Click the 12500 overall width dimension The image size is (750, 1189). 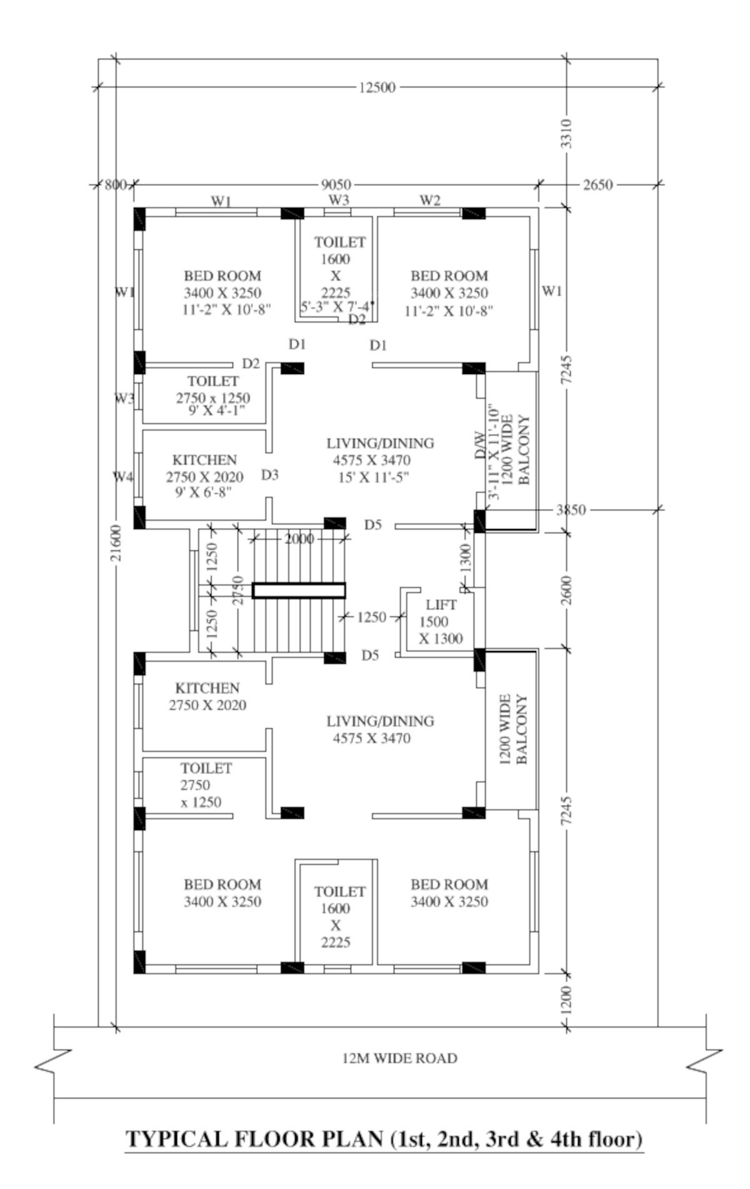point(377,87)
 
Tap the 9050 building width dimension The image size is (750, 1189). point(336,185)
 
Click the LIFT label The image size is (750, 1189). point(441,605)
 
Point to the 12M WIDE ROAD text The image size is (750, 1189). point(400,1058)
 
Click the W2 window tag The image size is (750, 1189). point(429,200)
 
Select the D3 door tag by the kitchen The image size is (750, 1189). point(270,475)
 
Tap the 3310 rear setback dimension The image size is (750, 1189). point(566,133)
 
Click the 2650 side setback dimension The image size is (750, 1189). point(597,185)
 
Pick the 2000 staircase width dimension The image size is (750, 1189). point(299,539)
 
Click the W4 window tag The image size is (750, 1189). point(123,477)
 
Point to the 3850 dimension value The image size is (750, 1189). point(571,510)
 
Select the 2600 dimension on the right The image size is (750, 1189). point(566,590)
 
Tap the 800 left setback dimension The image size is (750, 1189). point(115,185)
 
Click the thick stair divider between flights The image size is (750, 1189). point(299,590)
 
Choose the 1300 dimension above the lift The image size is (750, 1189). point(466,558)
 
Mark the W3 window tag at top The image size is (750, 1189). point(339,200)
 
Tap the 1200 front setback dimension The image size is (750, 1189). point(566,1000)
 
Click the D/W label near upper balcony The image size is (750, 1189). point(480,445)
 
